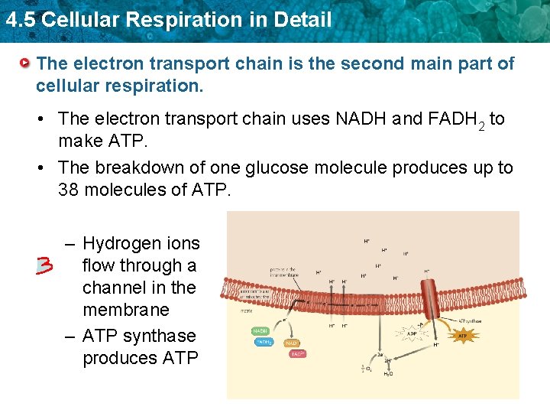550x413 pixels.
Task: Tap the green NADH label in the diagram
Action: (260, 331)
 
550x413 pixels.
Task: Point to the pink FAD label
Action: (297, 354)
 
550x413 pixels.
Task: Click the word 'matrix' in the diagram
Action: (247, 311)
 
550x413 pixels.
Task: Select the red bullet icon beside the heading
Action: (26, 63)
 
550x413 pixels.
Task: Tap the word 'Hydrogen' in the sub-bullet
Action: (119, 244)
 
